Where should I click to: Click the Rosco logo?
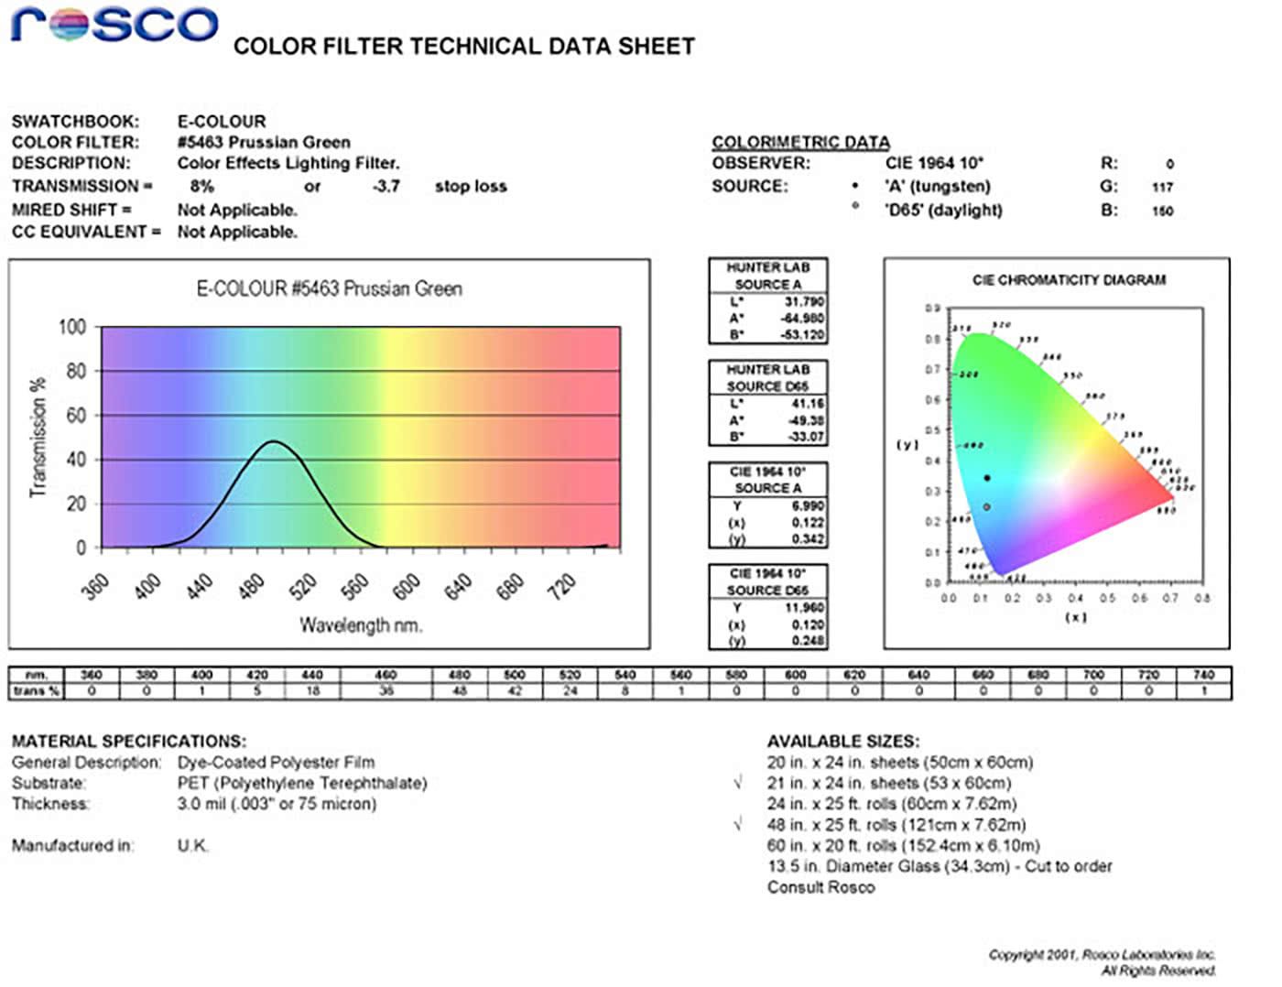(x=114, y=26)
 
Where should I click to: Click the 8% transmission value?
(x=201, y=187)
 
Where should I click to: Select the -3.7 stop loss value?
(x=386, y=187)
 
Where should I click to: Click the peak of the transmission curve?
(x=273, y=441)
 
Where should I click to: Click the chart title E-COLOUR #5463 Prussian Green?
(x=330, y=289)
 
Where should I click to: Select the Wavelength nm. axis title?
(x=361, y=626)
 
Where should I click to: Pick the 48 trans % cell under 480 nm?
(x=460, y=691)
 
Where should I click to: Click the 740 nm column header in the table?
(x=1203, y=675)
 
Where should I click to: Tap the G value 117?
(x=1163, y=188)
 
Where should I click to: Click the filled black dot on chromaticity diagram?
(x=986, y=478)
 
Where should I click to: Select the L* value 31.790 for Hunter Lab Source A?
(x=804, y=301)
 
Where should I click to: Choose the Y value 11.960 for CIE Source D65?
(x=804, y=607)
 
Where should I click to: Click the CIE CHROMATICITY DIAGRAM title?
(x=1069, y=280)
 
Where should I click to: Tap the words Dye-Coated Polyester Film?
(x=276, y=763)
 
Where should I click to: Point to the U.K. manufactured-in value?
(x=193, y=846)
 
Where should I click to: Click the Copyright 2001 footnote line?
(x=1102, y=955)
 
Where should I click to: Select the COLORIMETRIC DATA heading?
(x=800, y=142)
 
